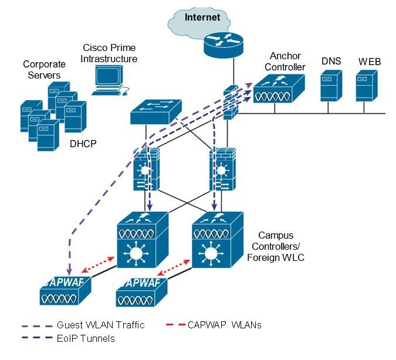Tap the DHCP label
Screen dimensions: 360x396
pyautogui.click(x=83, y=142)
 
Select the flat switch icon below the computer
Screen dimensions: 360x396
pyautogui.click(x=155, y=112)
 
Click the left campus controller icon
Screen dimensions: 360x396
pyautogui.click(x=143, y=241)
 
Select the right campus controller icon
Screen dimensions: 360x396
pyautogui.click(x=218, y=241)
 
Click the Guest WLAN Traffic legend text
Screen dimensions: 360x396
pyautogui.click(x=100, y=325)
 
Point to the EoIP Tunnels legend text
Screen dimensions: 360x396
pyautogui.click(x=86, y=338)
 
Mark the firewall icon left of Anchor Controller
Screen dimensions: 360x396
pyautogui.click(x=231, y=103)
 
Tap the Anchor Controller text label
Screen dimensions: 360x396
pyautogui.click(x=287, y=62)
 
